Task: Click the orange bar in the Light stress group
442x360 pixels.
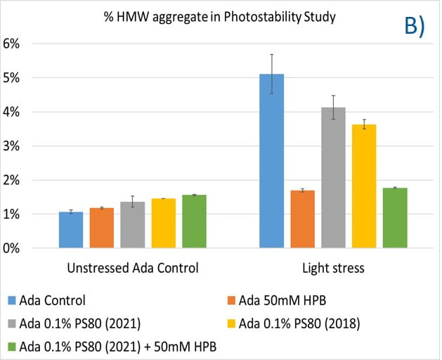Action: point(302,219)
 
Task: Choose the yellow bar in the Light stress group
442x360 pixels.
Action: point(364,186)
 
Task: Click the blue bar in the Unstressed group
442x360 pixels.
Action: point(71,230)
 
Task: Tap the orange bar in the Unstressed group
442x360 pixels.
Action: point(102,228)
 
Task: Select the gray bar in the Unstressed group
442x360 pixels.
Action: point(132,225)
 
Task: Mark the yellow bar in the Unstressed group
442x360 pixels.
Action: point(163,224)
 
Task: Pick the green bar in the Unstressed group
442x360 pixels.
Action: point(194,221)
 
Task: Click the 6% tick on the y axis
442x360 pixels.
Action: point(18,44)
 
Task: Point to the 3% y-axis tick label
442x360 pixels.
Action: point(18,146)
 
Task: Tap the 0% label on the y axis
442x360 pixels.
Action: point(18,249)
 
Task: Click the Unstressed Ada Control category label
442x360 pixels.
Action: point(132,268)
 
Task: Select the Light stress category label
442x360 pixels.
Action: point(333,268)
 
